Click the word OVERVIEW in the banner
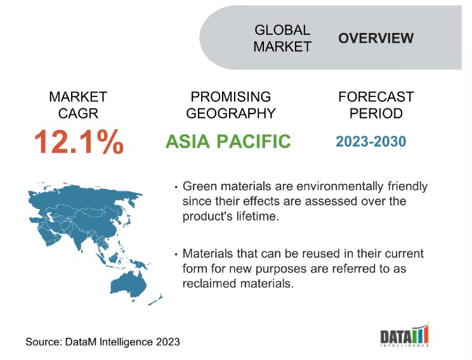tap(376, 38)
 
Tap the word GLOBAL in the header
tap(282, 30)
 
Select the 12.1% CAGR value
tap(79, 141)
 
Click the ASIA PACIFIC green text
tap(228, 141)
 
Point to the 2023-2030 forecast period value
tap(371, 141)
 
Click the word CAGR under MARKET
tap(78, 113)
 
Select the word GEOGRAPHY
tap(231, 113)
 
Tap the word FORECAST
tap(376, 97)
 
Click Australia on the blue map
tap(129, 284)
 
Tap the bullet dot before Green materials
tap(176, 187)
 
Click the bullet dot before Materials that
tap(176, 254)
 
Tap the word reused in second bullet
tap(321, 254)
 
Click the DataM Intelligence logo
tap(405, 335)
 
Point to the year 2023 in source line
tap(167, 342)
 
